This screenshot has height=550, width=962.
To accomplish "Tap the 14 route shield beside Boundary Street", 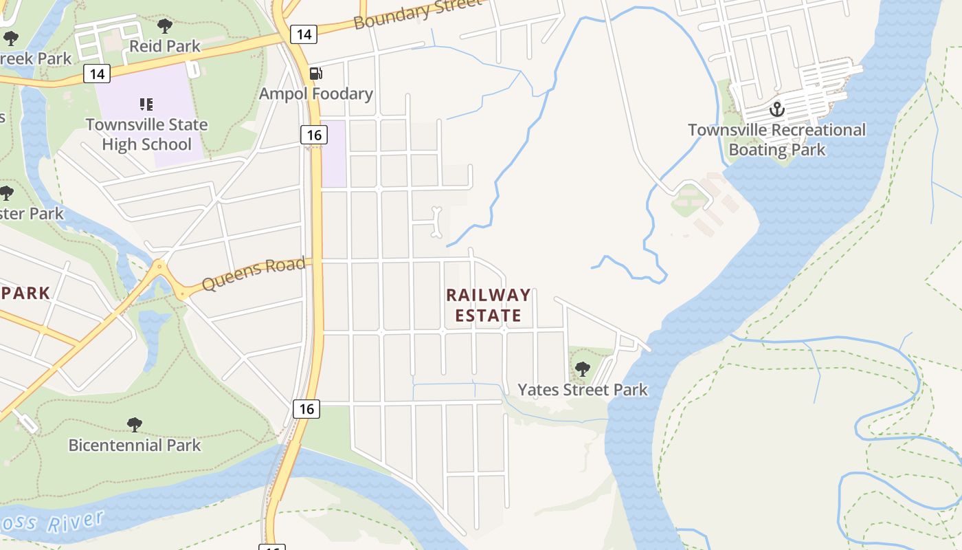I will coord(303,34).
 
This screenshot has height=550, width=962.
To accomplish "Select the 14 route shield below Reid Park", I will coord(97,74).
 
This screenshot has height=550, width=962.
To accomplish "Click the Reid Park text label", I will coord(165,46).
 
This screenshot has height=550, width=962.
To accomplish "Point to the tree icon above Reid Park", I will coord(164,26).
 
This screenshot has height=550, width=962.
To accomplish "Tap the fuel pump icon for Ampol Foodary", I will coord(315,74).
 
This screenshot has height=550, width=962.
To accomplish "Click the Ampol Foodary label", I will coord(316,93).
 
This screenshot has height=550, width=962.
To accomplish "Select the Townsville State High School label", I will coord(146,135).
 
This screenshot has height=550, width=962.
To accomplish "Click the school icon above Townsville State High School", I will coord(146,104).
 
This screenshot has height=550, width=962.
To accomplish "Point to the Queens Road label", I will coord(254,274).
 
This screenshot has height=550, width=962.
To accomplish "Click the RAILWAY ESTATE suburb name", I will coord(488,305).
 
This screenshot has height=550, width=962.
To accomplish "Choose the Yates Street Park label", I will coord(582,390).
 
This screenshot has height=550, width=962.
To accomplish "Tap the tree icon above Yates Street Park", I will coord(582,369).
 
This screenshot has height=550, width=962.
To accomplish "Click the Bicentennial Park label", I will coord(135,445).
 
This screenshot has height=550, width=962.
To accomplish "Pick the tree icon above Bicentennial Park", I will coord(135,425).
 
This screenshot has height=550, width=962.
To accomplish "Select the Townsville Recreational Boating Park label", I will coord(776,140).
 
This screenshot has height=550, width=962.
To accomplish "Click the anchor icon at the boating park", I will coord(776,109).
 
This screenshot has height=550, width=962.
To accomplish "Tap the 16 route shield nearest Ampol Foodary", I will coord(313,135).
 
